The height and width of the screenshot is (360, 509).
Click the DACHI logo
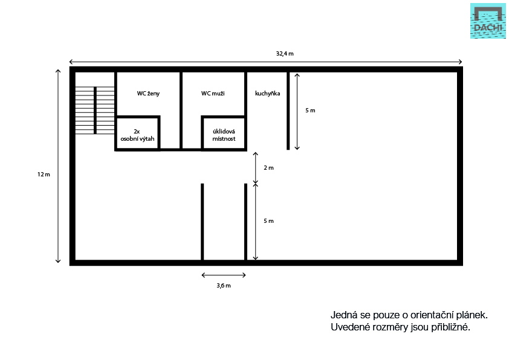[x=488, y=21]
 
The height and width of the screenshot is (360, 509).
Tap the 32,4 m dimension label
[x=285, y=54]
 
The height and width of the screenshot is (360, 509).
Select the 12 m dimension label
[x=44, y=175]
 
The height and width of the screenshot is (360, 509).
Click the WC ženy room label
[x=148, y=94]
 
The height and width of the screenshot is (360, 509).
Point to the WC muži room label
[x=213, y=94]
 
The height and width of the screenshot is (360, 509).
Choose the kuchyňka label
[x=267, y=94]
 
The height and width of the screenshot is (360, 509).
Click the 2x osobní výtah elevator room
[x=137, y=133]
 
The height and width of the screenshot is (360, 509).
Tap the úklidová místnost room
[x=224, y=133]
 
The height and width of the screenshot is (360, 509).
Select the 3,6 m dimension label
[x=224, y=286]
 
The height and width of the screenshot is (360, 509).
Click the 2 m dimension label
[x=268, y=168]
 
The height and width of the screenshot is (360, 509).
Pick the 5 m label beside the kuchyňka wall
[x=310, y=111]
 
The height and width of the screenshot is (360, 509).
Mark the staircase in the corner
[x=95, y=111]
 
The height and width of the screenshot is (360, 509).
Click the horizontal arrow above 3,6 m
[x=224, y=275]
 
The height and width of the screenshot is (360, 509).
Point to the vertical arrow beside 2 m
[x=256, y=168]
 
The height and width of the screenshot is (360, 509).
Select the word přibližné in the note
[x=450, y=327]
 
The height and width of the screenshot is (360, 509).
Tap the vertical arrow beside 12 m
[x=58, y=166]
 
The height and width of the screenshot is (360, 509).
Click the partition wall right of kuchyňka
[x=288, y=111]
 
